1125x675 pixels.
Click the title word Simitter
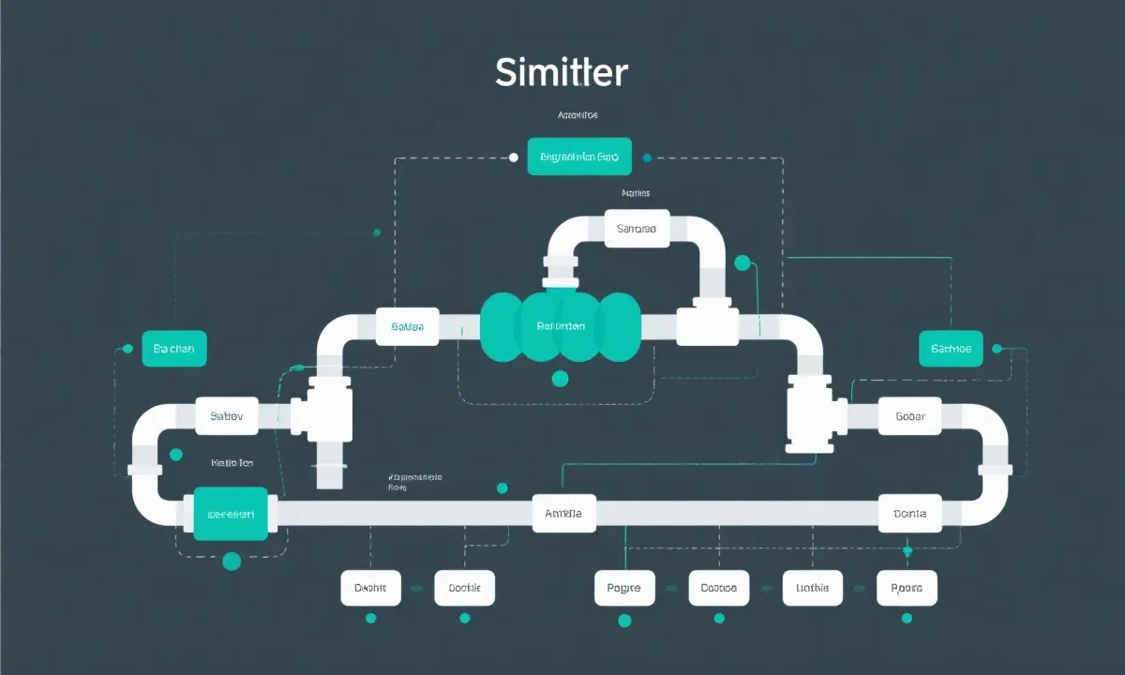pos(562,72)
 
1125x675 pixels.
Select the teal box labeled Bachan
pos(173,348)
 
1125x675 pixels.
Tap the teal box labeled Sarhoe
pos(951,349)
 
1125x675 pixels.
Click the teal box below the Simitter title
pos(579,157)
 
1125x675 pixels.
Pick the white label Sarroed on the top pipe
pos(637,229)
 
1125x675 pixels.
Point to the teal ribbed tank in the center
pos(561,325)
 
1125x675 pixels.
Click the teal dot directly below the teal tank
pos(561,379)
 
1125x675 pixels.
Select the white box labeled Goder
pos(910,415)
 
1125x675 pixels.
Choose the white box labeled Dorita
pos(909,513)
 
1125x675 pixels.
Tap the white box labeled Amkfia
pos(563,513)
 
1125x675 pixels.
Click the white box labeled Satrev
pos(227,415)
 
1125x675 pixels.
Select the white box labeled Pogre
pos(624,588)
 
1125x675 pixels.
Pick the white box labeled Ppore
pos(906,588)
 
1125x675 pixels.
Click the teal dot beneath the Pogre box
pos(624,620)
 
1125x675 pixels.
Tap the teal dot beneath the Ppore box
pos(906,618)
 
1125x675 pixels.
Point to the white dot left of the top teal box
pos(513,157)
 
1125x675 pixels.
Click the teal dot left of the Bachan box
pos(127,349)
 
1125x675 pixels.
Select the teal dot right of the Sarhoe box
pos(997,349)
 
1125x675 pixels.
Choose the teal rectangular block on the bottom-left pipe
pos(231,514)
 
